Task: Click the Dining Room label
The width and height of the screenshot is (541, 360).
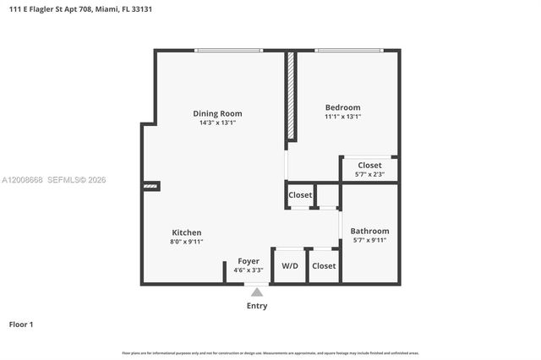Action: (217, 113)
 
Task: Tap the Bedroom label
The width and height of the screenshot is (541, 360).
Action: (342, 107)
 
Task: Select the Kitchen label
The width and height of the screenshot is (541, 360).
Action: (186, 232)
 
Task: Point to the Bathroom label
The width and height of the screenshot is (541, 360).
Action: (369, 231)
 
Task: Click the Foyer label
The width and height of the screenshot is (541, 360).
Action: (248, 261)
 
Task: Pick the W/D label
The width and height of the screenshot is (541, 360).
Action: (290, 265)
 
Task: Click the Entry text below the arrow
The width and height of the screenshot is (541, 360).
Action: (256, 306)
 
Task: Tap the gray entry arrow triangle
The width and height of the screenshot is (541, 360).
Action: (256, 292)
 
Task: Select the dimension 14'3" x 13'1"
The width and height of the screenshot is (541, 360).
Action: (217, 123)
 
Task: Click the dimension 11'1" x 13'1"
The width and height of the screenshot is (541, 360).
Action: (342, 117)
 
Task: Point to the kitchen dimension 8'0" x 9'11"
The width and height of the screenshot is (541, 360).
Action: (186, 242)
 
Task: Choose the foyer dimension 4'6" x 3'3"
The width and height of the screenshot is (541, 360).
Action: (248, 270)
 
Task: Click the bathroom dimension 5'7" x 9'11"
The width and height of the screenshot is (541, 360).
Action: (369, 240)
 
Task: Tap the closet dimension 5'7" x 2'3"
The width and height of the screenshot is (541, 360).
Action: (369, 174)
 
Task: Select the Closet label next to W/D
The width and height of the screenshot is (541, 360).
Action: (324, 265)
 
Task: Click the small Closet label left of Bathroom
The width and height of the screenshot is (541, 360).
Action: (300, 195)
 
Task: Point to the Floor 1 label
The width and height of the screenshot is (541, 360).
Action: (20, 324)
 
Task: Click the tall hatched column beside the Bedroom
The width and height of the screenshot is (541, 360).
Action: (289, 96)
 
